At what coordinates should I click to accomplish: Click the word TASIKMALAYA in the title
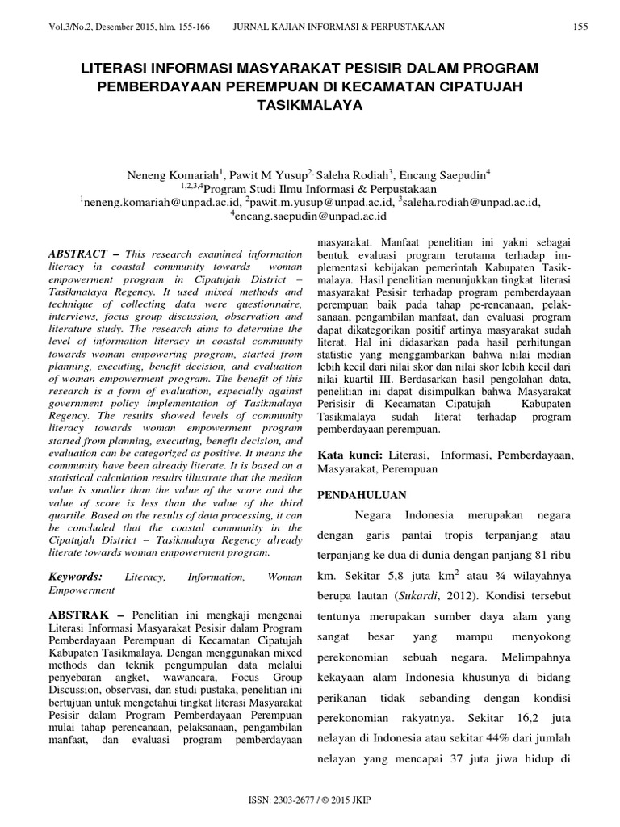coord(310,105)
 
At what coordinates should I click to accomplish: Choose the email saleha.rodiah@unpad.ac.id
coord(471,202)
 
